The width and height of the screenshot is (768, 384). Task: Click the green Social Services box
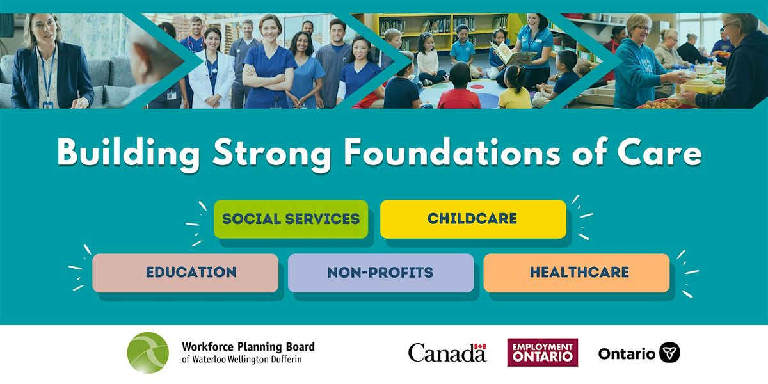291,219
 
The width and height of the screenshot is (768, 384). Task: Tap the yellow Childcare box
472,219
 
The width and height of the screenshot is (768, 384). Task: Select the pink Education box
185,273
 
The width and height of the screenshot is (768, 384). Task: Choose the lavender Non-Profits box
380,273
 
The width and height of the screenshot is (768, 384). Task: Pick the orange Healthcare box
576,273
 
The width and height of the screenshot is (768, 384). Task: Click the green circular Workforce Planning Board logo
148,353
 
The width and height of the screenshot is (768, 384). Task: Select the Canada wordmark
447,353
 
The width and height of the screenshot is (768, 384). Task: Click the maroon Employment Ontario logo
542,353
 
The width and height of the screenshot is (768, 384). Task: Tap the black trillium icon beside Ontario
669,353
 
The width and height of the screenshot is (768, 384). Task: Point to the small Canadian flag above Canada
480,346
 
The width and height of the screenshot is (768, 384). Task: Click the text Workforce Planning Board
248,347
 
